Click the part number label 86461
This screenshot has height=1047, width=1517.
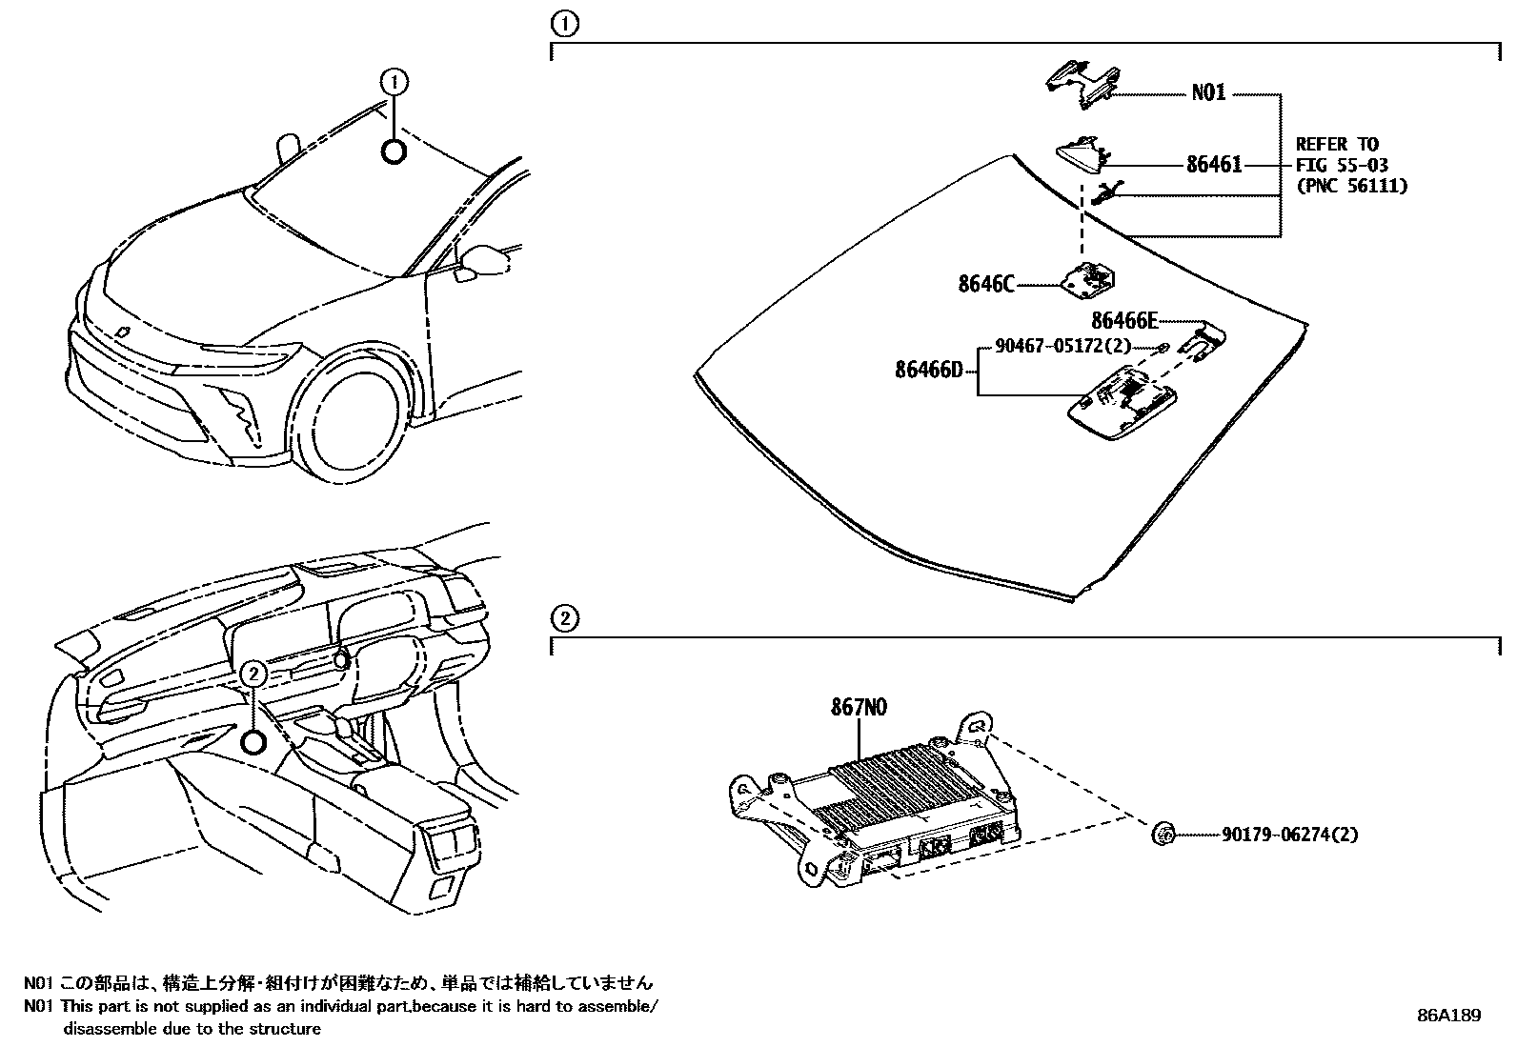point(1214,165)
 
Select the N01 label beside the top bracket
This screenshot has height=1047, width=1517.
point(1208,93)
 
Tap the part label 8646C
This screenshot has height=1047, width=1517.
point(986,284)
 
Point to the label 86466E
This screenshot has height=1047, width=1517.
point(1124,320)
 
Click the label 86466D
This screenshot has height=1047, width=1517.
point(929,369)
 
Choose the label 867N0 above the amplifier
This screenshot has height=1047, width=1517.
point(860,708)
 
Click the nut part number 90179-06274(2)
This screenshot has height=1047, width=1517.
point(1289,836)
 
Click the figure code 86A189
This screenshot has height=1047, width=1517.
point(1448,1016)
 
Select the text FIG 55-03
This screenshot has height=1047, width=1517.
point(1342,165)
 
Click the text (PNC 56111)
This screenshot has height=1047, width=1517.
point(1351,186)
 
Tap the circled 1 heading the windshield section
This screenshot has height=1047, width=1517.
point(565,24)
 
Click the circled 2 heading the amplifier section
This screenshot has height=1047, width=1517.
point(565,619)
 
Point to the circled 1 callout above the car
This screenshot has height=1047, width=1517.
point(394,82)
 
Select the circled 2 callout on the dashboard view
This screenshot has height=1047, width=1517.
point(253,674)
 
